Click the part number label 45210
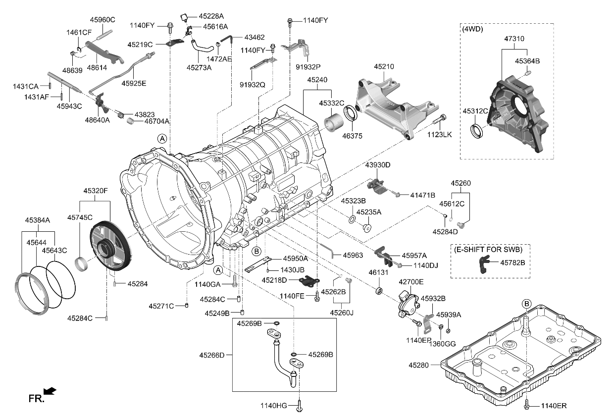[x=384, y=66]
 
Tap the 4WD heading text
[x=473, y=29]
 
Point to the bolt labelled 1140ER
[x=528, y=405]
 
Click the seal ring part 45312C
[x=477, y=131]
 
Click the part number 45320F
[x=95, y=191]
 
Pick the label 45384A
[x=38, y=220]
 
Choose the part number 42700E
[x=411, y=281]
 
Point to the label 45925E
[x=134, y=83]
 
